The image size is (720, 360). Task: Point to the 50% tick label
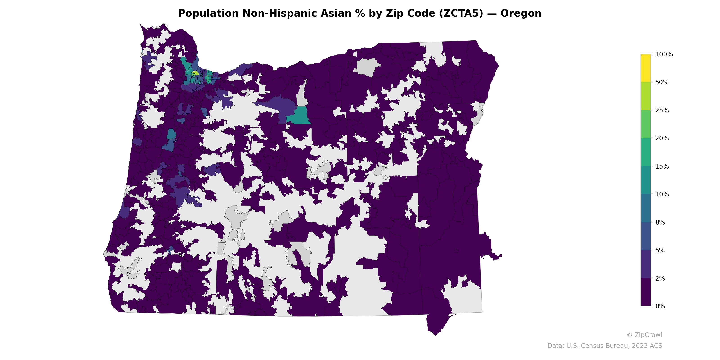tap(662, 82)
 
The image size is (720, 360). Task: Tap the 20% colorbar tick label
tap(662, 138)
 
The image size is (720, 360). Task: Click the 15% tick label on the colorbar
tap(662, 166)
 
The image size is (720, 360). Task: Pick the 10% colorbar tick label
tap(662, 194)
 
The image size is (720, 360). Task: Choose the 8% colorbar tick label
tap(660, 223)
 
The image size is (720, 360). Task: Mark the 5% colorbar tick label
tap(660, 250)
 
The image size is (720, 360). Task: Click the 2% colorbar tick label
tap(660, 278)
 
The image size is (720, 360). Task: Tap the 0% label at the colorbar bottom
tap(660, 306)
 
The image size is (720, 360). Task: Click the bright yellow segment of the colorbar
tap(646, 68)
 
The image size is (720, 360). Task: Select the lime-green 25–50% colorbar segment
tap(646, 96)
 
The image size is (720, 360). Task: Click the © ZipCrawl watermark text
tap(644, 335)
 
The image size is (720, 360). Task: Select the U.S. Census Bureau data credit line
tap(605, 346)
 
